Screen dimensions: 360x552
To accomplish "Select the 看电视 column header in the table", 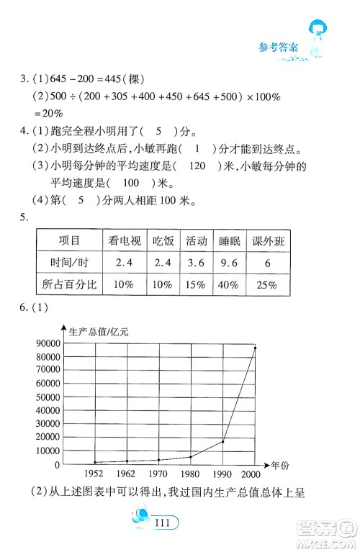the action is (123, 240).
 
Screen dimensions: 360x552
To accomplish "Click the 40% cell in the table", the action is (230, 285).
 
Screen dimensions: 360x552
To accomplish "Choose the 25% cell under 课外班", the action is (267, 285).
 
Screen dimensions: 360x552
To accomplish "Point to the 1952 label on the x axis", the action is (95, 475).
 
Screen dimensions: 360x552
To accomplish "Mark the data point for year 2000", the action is (255, 348).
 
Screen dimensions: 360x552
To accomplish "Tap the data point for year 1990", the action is (223, 441).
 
